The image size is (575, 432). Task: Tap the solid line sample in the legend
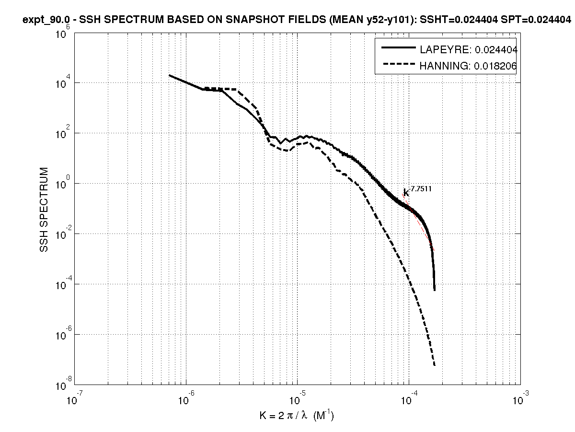click(398, 48)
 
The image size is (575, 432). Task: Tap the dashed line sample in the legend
click(398, 66)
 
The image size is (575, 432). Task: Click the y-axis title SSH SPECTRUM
click(44, 210)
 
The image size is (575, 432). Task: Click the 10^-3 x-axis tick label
click(520, 397)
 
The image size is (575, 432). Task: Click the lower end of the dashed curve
click(434, 365)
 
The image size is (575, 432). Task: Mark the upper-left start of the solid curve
click(170, 75)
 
